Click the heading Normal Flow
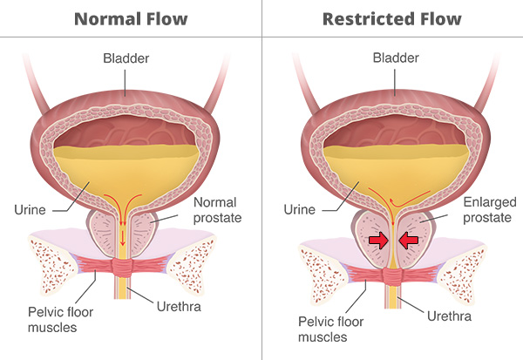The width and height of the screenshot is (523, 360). pos(130,17)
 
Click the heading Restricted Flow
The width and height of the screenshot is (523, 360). pos(393,17)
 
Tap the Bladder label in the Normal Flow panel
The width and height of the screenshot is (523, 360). pos(129,59)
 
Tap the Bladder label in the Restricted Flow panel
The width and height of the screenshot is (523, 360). pos(392,59)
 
